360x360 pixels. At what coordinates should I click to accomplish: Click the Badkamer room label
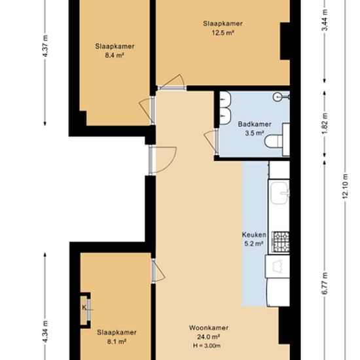[255, 124]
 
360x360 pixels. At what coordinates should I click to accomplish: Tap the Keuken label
[254, 234]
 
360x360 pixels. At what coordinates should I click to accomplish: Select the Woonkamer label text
[209, 328]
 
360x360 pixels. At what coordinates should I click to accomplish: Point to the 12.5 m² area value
[223, 33]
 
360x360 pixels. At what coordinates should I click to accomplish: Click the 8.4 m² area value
[115, 56]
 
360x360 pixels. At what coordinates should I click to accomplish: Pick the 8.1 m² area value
[117, 342]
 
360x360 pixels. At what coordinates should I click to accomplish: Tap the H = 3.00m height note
[207, 346]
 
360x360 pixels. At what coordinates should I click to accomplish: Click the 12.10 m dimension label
[346, 187]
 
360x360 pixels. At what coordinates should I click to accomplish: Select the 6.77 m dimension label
[325, 283]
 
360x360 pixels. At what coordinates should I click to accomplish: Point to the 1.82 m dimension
[325, 124]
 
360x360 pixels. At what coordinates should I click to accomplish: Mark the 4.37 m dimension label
[45, 46]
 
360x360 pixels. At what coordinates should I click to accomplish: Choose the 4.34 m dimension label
[45, 332]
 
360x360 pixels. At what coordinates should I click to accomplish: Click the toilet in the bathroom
[274, 141]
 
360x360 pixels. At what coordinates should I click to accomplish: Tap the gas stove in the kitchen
[281, 242]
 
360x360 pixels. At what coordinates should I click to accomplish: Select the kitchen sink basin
[279, 193]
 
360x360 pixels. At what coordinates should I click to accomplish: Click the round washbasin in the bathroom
[278, 97]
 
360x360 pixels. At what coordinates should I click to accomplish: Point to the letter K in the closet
[84, 307]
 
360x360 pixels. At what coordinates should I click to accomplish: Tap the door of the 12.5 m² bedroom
[171, 82]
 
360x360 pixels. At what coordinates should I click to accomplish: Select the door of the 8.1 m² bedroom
[158, 270]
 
